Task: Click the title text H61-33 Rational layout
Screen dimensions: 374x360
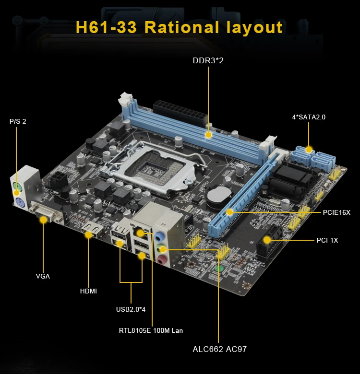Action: pyautogui.click(x=180, y=27)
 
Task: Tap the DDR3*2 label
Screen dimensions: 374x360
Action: pyautogui.click(x=208, y=61)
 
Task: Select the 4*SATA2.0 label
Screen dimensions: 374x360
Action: pyautogui.click(x=309, y=117)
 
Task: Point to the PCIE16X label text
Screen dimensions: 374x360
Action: pyautogui.click(x=336, y=212)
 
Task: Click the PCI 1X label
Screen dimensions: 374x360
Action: pyautogui.click(x=327, y=240)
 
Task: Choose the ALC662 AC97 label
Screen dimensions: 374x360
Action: pyautogui.click(x=219, y=349)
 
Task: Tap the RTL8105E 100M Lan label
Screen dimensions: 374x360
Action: pyautogui.click(x=151, y=330)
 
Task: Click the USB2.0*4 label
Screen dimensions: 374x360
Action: pyautogui.click(x=131, y=309)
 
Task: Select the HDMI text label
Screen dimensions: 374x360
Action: pyautogui.click(x=88, y=291)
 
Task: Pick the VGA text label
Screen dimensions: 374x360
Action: pyautogui.click(x=43, y=276)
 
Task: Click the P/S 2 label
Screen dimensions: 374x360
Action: pyautogui.click(x=18, y=121)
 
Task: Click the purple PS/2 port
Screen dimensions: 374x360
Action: pyautogui.click(x=19, y=202)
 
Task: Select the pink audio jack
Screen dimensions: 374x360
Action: pyautogui.click(x=163, y=260)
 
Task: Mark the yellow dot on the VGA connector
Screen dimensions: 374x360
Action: pyautogui.click(x=44, y=219)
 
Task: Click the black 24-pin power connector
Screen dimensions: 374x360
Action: pyautogui.click(x=180, y=111)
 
